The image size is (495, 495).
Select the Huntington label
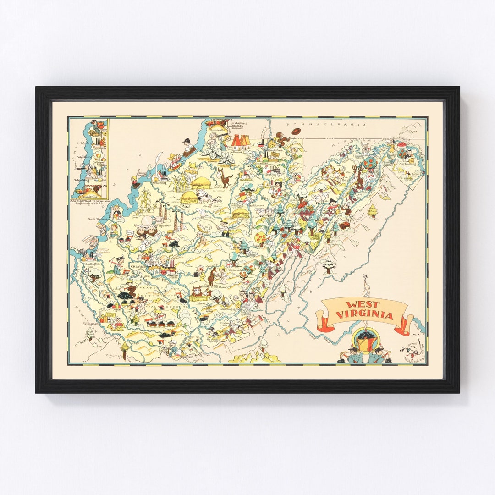pyautogui.click(x=93, y=264)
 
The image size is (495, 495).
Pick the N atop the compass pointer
pyautogui.click(x=365, y=275)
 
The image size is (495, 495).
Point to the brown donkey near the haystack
pyautogui.click(x=225, y=177)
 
